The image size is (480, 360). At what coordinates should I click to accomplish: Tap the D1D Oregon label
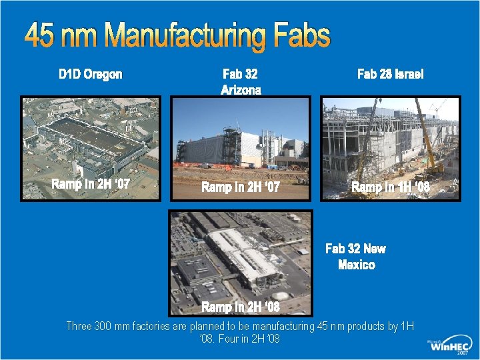coord(91,74)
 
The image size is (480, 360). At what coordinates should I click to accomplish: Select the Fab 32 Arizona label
coord(241,82)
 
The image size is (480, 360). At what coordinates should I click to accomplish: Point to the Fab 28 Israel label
coord(390,74)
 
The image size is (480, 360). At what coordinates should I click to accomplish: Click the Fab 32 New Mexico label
coord(355,257)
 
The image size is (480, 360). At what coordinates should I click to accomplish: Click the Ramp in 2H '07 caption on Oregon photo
coord(91,183)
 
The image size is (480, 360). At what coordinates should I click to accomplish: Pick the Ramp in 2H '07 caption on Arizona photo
coord(241,187)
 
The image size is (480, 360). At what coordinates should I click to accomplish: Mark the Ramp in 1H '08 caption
coord(391,187)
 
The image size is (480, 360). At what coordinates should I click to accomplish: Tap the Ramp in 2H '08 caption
coord(241,307)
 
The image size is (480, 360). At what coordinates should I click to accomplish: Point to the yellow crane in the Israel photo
coord(427,133)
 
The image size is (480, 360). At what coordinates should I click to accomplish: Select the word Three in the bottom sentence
coord(79,326)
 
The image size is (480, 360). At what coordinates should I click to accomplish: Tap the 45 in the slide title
coord(42,36)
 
